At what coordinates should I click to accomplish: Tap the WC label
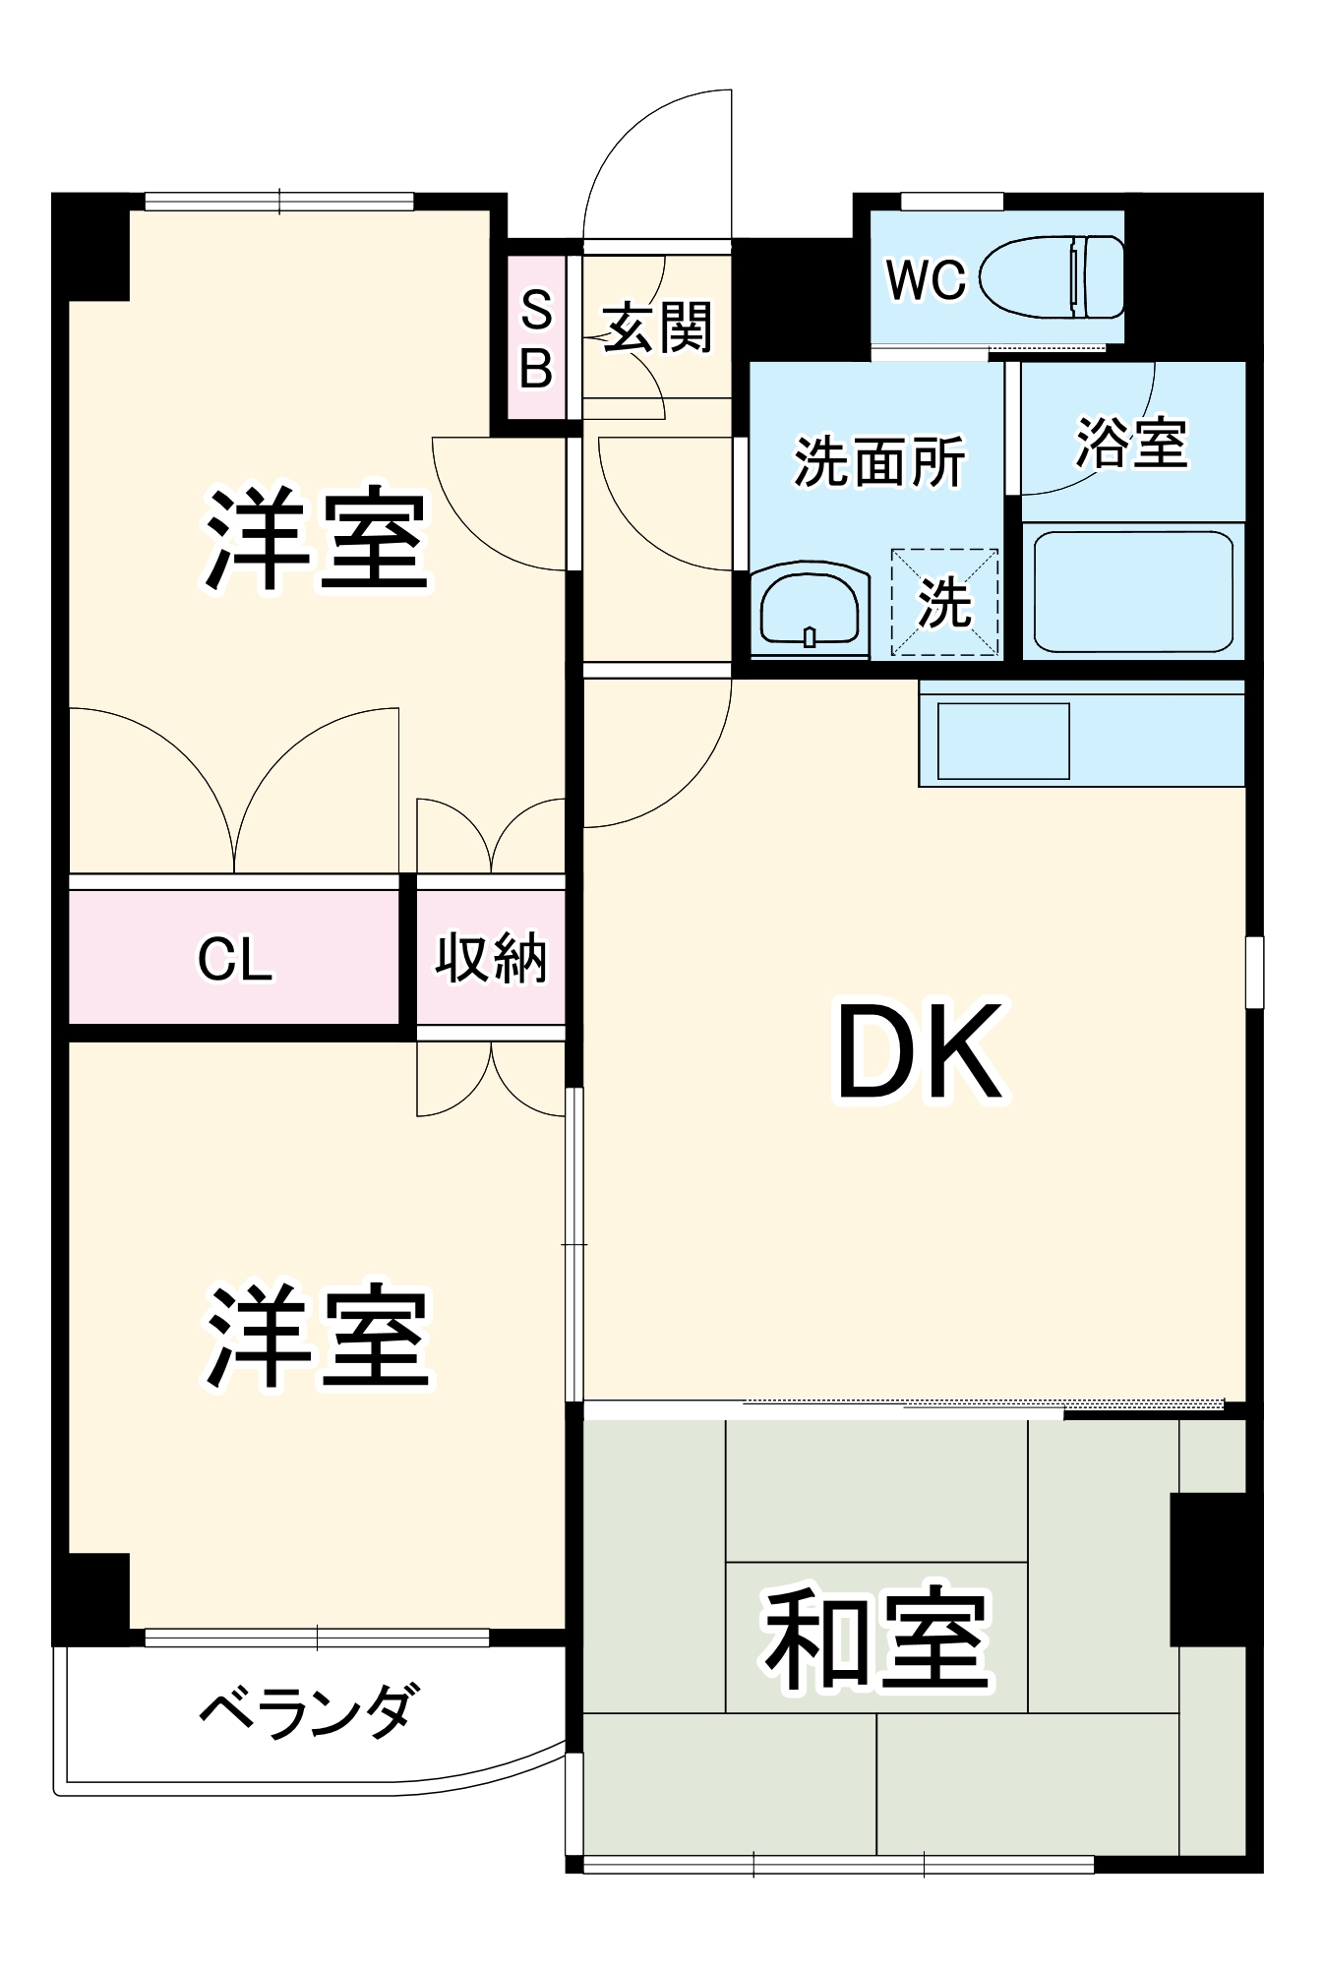coord(926,280)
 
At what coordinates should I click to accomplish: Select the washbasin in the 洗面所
coord(811,611)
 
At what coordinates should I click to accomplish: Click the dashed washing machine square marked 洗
coord(944,602)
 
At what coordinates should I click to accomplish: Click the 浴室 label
coord(1131,443)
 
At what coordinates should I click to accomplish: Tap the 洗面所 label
coord(878,461)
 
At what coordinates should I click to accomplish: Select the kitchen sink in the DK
coord(1003,741)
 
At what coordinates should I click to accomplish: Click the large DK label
coord(920,1051)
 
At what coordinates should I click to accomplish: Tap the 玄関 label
coord(657,328)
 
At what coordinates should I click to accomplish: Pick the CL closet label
coord(234,959)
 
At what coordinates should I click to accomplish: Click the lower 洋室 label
coord(317,1337)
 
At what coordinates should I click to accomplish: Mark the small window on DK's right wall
coord(1254,972)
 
